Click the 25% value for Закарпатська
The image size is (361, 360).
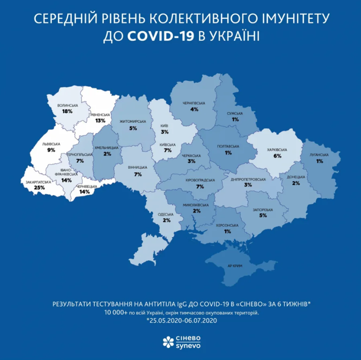(39, 188)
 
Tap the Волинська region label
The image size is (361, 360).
(68, 106)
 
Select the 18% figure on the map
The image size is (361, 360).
(68, 111)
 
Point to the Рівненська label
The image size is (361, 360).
(100, 114)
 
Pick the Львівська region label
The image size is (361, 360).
(51, 144)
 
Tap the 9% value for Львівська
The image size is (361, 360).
(51, 150)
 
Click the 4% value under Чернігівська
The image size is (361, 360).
(194, 109)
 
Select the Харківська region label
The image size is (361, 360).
(277, 150)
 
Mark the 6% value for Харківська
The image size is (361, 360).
(277, 156)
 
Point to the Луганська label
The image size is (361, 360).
(320, 155)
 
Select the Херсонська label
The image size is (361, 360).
(227, 225)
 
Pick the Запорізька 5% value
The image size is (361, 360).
(263, 215)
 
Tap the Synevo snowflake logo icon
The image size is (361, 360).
(168, 341)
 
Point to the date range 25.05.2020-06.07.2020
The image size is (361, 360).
(181, 321)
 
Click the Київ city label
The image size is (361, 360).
(164, 126)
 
